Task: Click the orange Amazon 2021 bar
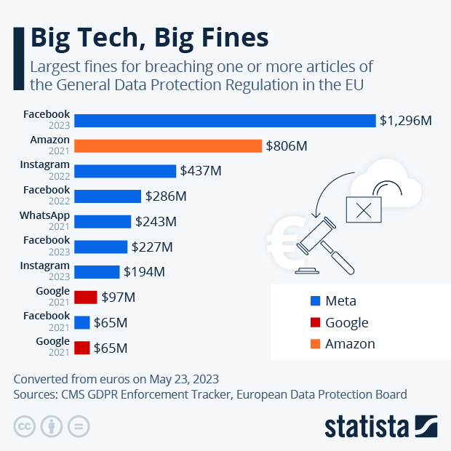click(x=168, y=145)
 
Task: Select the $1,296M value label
click(x=405, y=120)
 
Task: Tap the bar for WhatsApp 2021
click(x=103, y=221)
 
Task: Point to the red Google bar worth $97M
click(x=86, y=297)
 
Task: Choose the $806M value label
click(x=286, y=145)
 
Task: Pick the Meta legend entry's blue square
click(x=315, y=301)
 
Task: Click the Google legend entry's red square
click(x=315, y=323)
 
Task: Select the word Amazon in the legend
click(x=350, y=344)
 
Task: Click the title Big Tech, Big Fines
click(x=149, y=36)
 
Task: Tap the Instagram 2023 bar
click(x=97, y=271)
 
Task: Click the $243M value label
click(x=156, y=221)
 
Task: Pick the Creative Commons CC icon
click(x=25, y=426)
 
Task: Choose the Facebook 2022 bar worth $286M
click(x=108, y=196)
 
